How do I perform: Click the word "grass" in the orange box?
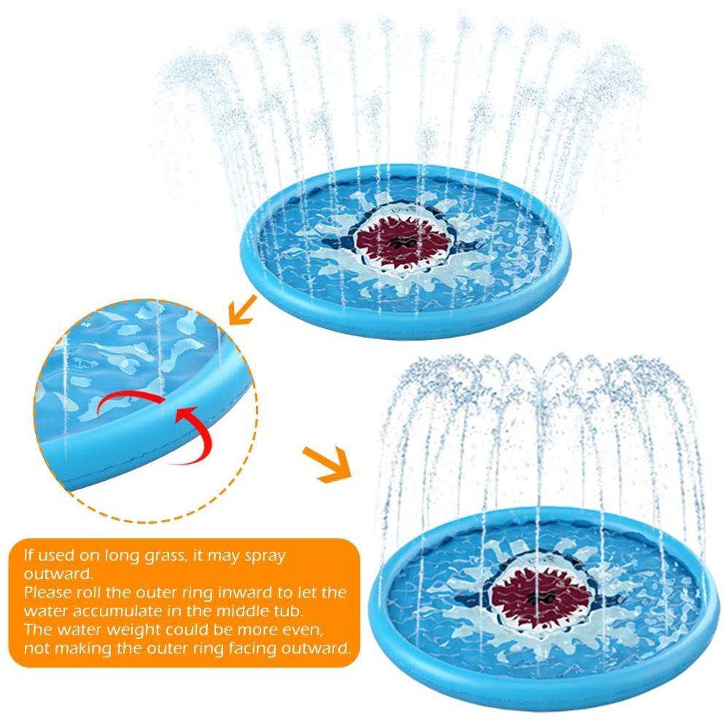click(163, 556)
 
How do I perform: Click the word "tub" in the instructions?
click(290, 611)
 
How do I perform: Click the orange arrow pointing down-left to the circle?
click(242, 309)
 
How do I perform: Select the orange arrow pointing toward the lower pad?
click(327, 464)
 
